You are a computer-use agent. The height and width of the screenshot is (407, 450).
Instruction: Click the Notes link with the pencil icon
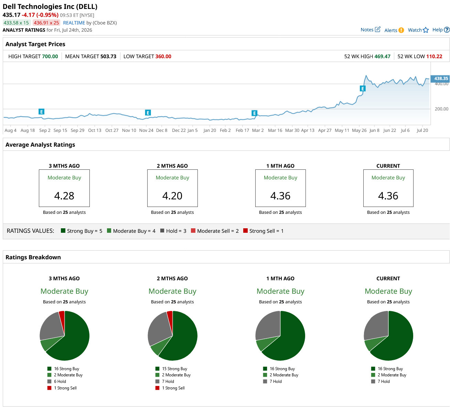tap(370, 30)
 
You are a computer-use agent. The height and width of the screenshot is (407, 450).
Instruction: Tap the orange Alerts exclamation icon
tap(401, 30)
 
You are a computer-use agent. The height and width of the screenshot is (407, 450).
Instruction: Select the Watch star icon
tap(426, 30)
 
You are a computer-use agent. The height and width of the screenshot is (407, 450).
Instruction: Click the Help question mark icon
tap(447, 30)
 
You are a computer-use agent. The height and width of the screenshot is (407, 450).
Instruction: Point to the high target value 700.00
tap(50, 56)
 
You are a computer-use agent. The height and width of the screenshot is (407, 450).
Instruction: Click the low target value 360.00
tap(163, 56)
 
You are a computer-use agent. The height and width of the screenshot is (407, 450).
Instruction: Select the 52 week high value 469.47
tap(382, 56)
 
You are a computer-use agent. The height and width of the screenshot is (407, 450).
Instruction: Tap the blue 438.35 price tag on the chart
tap(440, 79)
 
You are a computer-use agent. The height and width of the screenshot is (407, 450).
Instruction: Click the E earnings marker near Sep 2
tap(41, 112)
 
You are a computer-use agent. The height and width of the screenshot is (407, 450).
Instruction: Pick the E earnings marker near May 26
tap(362, 88)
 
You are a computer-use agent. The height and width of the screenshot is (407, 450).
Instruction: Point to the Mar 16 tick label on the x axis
tap(275, 130)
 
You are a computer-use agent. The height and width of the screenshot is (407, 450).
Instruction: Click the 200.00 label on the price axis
tap(441, 109)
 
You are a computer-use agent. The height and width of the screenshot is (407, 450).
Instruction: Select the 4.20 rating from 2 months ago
tap(172, 196)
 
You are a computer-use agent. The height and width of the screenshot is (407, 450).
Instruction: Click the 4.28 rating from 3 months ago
tap(64, 196)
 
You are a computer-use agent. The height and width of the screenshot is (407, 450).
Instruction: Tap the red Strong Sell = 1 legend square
tap(245, 230)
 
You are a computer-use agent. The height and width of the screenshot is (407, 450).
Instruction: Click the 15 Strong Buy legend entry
tap(171, 368)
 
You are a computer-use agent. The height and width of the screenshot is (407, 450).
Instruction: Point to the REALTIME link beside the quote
tap(74, 23)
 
